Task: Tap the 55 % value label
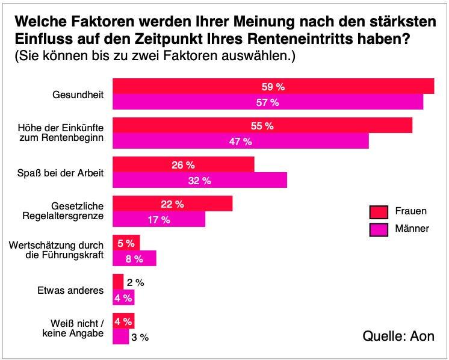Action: point(262,126)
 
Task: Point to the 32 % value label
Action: point(200,181)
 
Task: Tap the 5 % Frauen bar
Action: point(126,243)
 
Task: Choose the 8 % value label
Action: point(134,259)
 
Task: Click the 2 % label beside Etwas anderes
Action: point(136,282)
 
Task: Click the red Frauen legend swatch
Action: point(378,212)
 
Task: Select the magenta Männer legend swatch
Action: point(378,230)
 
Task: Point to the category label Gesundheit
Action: point(78,95)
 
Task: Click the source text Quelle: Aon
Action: point(398,336)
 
